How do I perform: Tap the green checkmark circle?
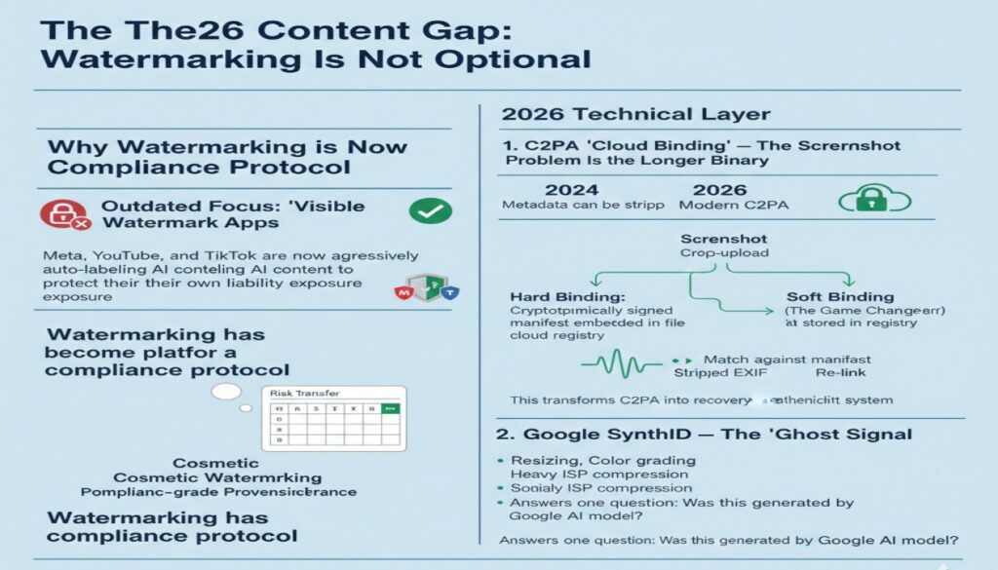point(429,210)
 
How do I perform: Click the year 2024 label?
point(571,189)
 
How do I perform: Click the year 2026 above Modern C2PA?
point(719,189)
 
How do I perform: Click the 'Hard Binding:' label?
point(556,295)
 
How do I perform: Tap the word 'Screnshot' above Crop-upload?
point(723,238)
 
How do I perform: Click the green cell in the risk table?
point(392,410)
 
